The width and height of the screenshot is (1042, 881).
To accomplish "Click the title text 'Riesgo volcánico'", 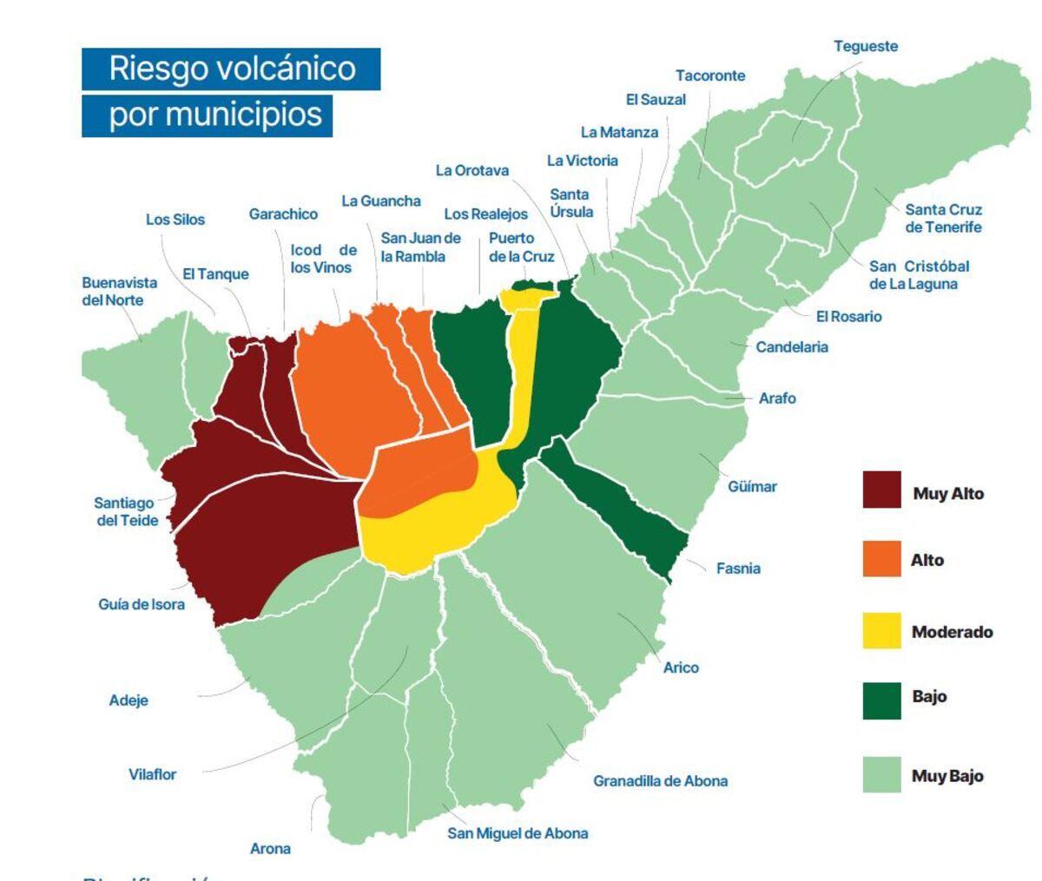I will (232, 69).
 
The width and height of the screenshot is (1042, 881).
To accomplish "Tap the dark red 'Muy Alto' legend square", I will (881, 490).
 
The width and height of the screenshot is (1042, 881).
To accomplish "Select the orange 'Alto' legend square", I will (881, 558).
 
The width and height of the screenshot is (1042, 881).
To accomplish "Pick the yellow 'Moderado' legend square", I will (881, 630).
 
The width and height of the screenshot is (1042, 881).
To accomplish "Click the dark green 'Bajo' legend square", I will (881, 700).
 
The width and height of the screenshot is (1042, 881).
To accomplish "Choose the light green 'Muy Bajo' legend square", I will (881, 774).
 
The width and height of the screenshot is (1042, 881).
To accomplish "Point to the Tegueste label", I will (865, 47).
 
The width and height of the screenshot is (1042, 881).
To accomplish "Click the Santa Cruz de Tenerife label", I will (943, 219).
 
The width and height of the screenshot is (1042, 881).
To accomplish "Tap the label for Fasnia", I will (738, 569).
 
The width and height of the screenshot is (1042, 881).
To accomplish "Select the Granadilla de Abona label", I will (660, 781).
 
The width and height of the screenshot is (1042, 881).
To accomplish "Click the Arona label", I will (270, 849).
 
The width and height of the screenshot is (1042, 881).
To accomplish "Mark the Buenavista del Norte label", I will (119, 292).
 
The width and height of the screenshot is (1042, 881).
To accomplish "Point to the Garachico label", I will (283, 214).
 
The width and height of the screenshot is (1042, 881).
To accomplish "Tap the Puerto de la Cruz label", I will (521, 247).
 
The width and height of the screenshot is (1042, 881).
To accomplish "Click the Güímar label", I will (752, 487).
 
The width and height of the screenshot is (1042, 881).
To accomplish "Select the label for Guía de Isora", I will (142, 604).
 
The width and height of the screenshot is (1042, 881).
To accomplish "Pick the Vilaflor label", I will (152, 774).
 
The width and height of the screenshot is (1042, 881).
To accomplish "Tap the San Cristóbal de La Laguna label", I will (919, 275).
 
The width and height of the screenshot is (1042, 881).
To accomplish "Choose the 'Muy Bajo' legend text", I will (947, 776).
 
